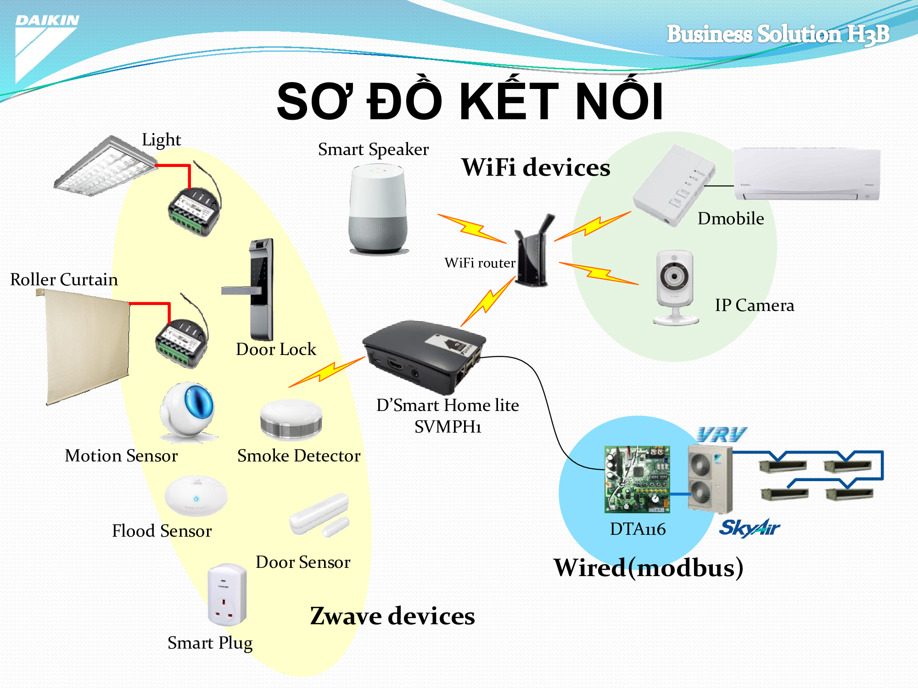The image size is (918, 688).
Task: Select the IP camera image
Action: point(675,287)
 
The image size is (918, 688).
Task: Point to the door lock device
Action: point(259,289)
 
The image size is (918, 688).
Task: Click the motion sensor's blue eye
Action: point(199,404)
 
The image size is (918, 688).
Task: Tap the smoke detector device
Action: point(291,420)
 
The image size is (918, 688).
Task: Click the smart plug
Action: point(227,595)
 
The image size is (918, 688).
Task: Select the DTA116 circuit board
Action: point(637,479)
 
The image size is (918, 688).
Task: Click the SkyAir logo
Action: point(749,528)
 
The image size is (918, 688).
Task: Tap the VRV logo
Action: point(721,435)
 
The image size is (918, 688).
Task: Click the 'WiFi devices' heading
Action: point(536,167)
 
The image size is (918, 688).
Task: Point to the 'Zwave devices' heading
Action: point(392,616)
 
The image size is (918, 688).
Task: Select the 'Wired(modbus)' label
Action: point(648,567)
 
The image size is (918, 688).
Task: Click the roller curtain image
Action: point(87,346)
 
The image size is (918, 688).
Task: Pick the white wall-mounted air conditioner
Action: point(807,174)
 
